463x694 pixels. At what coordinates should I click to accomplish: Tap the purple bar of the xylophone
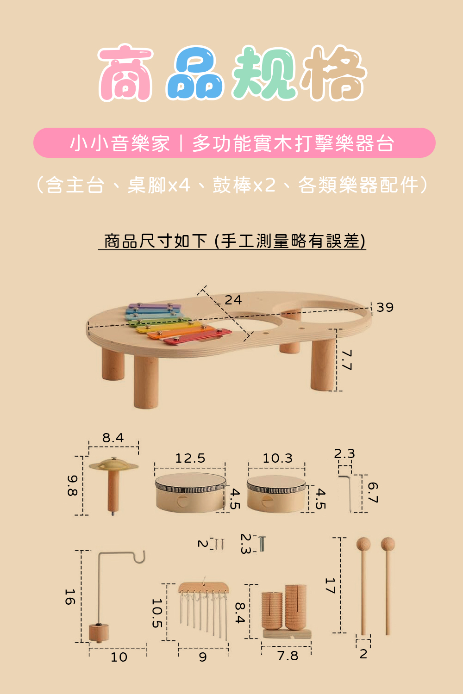154,306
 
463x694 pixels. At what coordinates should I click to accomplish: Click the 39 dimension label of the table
385,307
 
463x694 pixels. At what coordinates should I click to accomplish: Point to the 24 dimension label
233,300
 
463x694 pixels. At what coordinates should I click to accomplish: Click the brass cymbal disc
113,465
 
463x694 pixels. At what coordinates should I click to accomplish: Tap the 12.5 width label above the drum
190,458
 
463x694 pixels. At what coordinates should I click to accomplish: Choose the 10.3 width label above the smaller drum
277,458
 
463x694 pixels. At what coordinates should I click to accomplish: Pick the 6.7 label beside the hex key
373,492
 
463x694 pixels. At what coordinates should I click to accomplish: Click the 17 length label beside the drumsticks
330,586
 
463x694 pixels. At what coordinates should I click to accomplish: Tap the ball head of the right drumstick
388,544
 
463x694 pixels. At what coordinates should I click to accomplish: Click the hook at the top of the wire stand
140,558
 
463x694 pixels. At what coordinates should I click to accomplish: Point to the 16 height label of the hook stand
70,597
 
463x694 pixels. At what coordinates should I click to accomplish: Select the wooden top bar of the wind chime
204,588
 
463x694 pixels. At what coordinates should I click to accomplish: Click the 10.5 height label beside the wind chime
157,613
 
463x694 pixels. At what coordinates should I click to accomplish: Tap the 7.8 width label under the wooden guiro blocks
288,656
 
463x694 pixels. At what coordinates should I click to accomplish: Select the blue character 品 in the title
195,74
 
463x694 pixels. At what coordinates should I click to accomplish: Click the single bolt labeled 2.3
263,543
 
